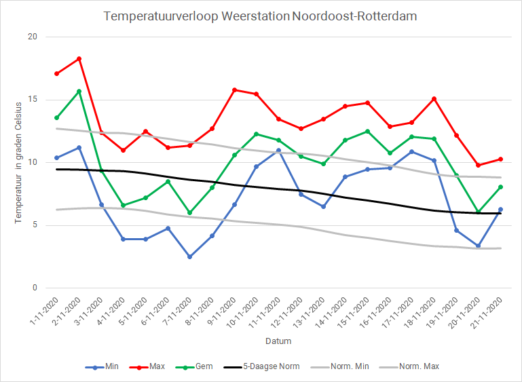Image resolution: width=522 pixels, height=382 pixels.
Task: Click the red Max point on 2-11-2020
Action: pos(79,58)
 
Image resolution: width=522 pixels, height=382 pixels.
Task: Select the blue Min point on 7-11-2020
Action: pos(190,256)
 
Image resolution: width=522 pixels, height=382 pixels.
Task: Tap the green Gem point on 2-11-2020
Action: pos(79,92)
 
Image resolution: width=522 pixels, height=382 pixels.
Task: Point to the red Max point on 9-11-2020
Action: pos(234,90)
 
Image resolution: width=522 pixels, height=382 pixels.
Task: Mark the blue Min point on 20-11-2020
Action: pos(478,246)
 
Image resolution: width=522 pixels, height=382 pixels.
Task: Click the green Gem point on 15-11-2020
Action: pos(367,131)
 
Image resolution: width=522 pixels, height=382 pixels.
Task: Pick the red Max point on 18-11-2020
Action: pos(434,99)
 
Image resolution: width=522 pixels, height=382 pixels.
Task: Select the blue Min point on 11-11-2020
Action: pos(278,151)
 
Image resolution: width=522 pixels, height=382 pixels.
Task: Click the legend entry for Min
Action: pos(108,366)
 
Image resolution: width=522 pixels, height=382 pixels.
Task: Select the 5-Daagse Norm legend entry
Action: pos(274,366)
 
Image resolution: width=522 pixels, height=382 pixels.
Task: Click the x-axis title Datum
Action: pos(278,341)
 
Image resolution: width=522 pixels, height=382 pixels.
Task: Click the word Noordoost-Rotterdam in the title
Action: pos(353,15)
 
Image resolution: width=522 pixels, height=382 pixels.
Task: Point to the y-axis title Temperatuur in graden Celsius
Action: pos(18,162)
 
